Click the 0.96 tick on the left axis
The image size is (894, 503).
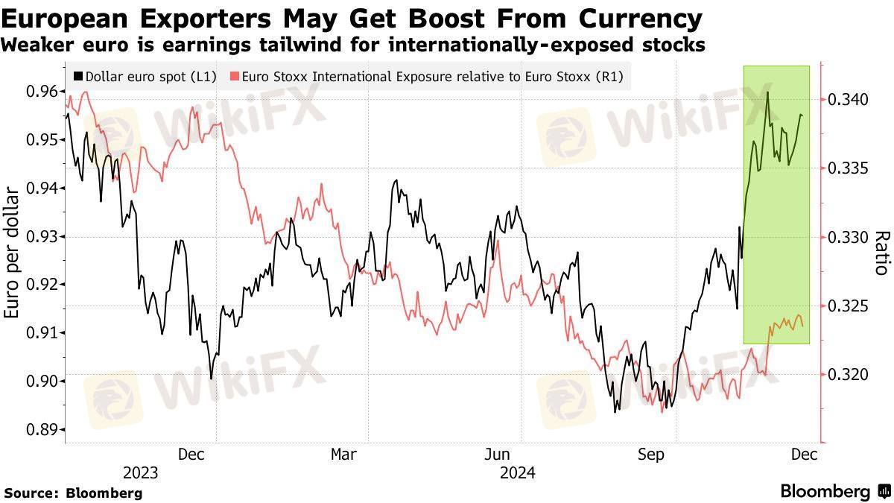[x=42, y=92]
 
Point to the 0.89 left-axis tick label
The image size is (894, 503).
[x=42, y=430]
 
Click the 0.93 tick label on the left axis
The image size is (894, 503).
[x=42, y=237]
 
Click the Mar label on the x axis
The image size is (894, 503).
[x=343, y=454]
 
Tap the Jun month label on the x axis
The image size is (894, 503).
[x=497, y=454]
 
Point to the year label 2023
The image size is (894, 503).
[x=140, y=472]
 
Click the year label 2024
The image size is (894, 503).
[x=517, y=472]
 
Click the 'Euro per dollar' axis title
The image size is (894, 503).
[x=13, y=253]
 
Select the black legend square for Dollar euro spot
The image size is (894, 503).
[x=78, y=76]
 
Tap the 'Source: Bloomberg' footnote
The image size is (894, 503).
[x=73, y=493]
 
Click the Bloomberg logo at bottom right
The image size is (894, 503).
[x=834, y=492]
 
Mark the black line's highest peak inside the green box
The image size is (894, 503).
[x=767, y=93]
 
